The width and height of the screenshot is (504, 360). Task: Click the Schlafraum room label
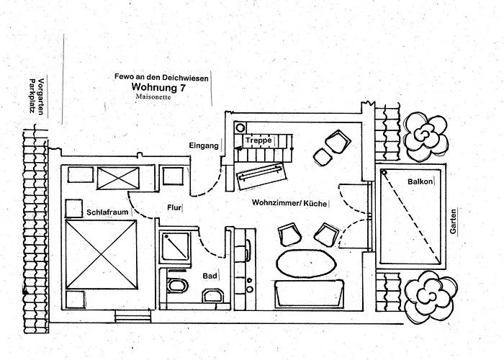coord(107,212)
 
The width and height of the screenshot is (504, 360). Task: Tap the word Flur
coord(174,207)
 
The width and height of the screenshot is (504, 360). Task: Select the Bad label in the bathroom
coord(210,276)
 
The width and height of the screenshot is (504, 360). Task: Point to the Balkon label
coord(420,181)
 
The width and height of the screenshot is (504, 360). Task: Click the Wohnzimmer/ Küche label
coord(289,203)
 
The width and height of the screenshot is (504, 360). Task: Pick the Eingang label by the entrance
coord(204,145)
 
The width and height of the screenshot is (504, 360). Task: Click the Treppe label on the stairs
coord(258,140)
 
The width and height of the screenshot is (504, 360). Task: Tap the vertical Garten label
coord(453,222)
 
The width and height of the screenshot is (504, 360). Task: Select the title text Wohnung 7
coord(158,87)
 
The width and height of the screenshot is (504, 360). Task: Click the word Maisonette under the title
coord(153,96)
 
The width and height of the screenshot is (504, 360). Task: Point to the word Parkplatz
coord(32,96)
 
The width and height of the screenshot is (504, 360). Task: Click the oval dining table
coord(306,264)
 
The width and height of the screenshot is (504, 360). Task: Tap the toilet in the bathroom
coord(177,285)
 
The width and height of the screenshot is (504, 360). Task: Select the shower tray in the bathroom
coord(175,246)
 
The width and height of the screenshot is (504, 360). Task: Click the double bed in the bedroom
coord(101,254)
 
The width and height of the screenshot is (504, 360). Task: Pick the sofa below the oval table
coord(309,294)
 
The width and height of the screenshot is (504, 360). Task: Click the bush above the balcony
coord(426,136)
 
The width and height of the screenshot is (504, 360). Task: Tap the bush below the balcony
coord(431,296)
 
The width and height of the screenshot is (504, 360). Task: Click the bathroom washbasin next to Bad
coord(212,295)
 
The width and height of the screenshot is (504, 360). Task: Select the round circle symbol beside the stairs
coord(240,128)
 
